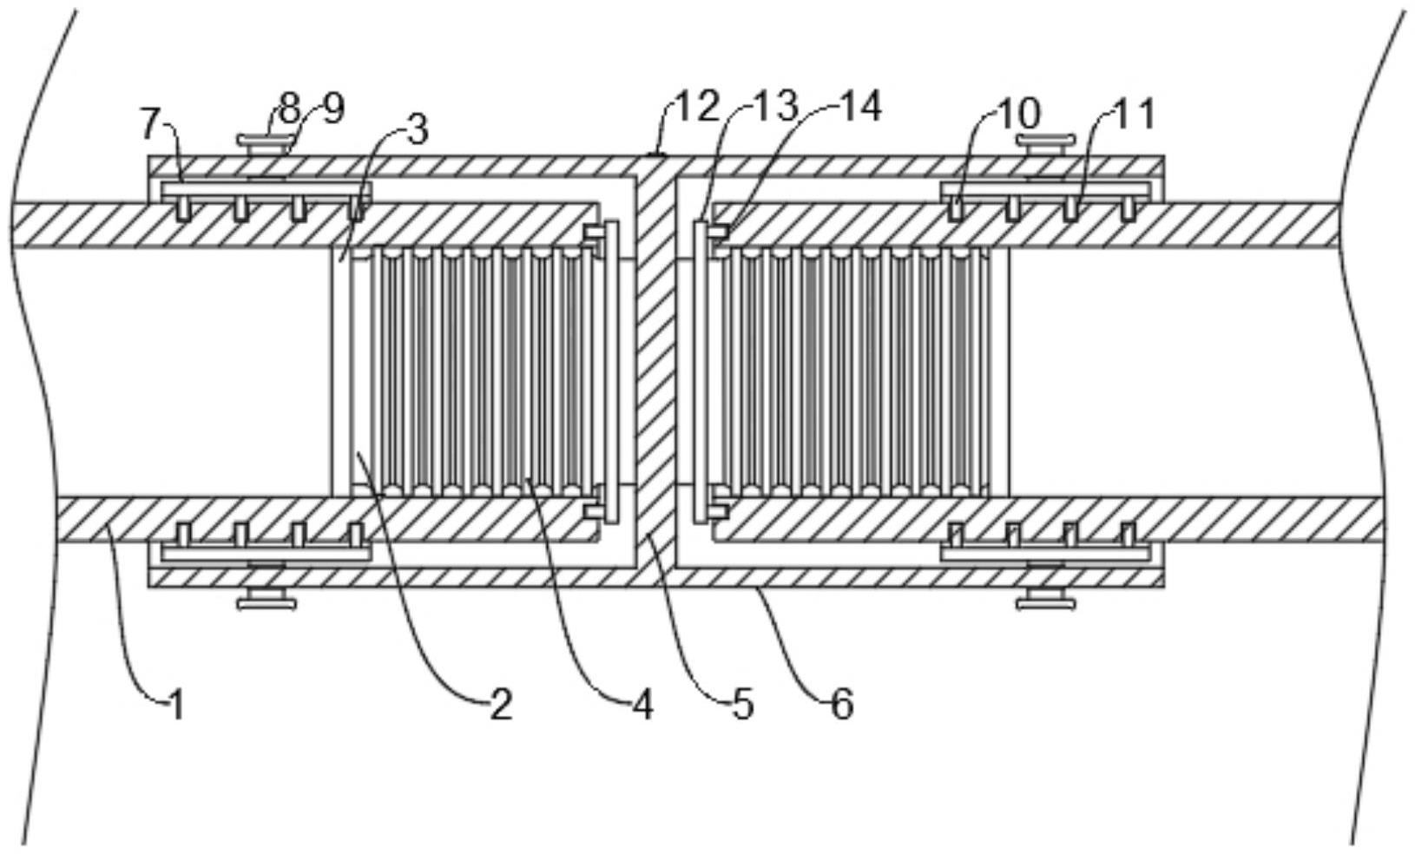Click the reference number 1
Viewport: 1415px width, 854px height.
[x=176, y=705]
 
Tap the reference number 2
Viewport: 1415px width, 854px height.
[x=500, y=705]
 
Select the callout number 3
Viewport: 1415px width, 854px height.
[x=418, y=129]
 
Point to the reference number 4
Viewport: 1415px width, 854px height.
[x=642, y=705]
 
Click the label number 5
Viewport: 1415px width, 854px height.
[x=743, y=705]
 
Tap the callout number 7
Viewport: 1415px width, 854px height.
[x=150, y=124]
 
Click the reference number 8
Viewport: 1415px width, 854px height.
[x=288, y=109]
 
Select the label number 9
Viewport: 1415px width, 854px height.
[x=332, y=109]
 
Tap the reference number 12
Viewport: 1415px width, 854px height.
[x=699, y=107]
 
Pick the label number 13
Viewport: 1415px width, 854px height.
[x=775, y=107]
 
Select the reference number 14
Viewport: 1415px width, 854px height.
[x=860, y=107]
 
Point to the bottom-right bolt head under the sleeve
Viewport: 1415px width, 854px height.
[x=1045, y=600]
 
